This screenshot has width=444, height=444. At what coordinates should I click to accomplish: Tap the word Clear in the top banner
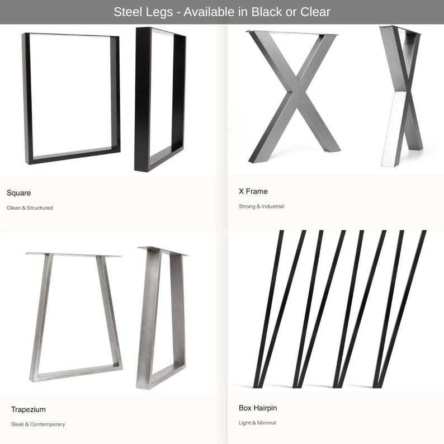pos(315,12)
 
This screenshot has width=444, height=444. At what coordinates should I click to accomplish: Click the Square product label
pos(18,193)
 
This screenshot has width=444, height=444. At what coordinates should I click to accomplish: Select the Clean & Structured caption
pos(30,208)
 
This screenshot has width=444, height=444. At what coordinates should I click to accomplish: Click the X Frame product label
pos(253,191)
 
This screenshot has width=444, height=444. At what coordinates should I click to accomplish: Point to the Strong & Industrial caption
pos(261,206)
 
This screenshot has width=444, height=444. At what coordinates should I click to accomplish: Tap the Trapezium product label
pos(29,409)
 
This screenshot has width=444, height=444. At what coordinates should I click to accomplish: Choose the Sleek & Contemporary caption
pos(38,424)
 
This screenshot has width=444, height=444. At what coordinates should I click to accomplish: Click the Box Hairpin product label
pos(258,408)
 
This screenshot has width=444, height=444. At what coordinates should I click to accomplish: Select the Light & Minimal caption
pos(257,423)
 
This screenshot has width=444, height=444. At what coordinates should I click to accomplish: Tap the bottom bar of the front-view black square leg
pos(74,156)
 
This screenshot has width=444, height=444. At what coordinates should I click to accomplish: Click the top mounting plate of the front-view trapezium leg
pos(73,254)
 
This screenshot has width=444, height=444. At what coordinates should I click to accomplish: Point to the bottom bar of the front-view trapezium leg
pos(77,372)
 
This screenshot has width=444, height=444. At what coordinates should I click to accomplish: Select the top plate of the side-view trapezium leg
pos(163,251)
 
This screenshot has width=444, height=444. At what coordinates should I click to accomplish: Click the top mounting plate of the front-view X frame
pos(292,33)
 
